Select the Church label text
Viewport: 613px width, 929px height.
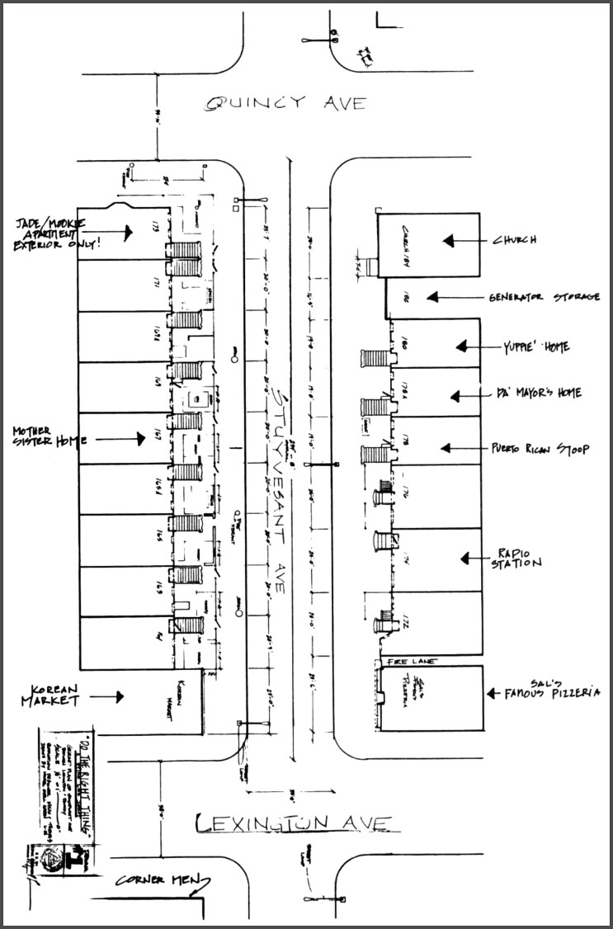(515, 241)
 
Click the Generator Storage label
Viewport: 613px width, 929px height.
(544, 297)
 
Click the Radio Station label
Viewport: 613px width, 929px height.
(518, 559)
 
